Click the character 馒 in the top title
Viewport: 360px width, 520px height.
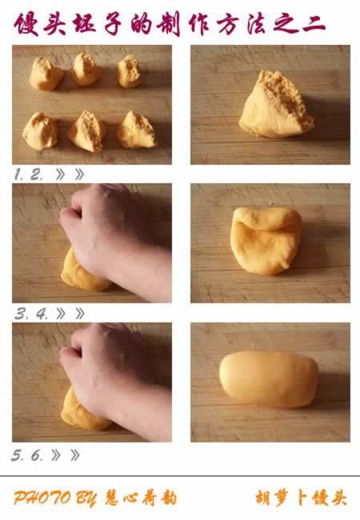(x=26, y=24)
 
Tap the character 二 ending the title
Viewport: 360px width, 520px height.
(x=314, y=24)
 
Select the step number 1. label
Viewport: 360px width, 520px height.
(x=19, y=174)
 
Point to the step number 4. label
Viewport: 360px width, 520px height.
(x=42, y=314)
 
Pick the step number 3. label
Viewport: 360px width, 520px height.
(x=22, y=314)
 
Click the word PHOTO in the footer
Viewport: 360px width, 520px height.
(x=42, y=498)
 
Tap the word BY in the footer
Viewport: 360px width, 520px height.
(x=86, y=498)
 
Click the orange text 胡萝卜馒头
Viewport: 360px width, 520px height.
(x=301, y=498)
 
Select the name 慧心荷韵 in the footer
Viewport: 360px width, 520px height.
(x=141, y=498)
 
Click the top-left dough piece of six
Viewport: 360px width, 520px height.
(x=46, y=74)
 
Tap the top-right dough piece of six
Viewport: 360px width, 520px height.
(x=129, y=71)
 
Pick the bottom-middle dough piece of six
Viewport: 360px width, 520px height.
(x=87, y=131)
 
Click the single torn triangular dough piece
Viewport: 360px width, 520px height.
(x=276, y=105)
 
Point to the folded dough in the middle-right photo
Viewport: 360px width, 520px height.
(x=266, y=241)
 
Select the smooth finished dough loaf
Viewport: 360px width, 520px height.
(x=269, y=379)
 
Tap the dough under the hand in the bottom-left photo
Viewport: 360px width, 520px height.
(x=83, y=411)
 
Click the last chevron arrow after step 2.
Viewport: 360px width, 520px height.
(x=79, y=174)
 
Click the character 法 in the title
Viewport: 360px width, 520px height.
(x=257, y=24)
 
